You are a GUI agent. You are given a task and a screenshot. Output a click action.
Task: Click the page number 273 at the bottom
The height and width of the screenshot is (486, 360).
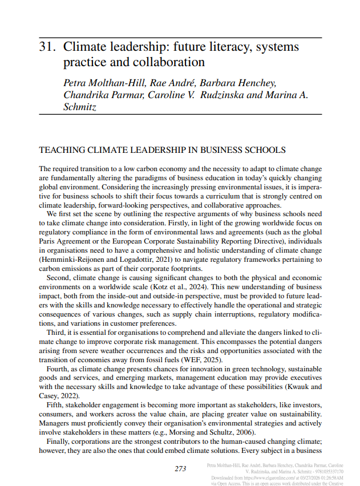tap(180, 468)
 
